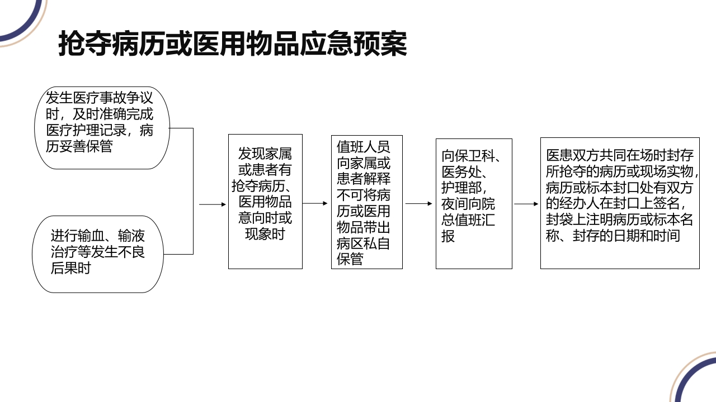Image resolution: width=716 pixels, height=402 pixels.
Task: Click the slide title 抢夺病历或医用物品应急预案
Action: click(x=233, y=44)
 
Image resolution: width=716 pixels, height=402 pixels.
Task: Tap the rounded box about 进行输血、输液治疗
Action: click(x=97, y=254)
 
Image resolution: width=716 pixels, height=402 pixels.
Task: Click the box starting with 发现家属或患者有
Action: click(x=265, y=201)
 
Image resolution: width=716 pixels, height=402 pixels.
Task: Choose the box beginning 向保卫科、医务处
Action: click(x=474, y=203)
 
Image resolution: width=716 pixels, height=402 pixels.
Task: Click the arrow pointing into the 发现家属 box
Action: click(x=213, y=204)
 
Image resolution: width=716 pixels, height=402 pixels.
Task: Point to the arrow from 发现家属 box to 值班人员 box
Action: click(x=316, y=204)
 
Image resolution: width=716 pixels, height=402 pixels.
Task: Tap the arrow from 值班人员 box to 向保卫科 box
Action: click(x=419, y=204)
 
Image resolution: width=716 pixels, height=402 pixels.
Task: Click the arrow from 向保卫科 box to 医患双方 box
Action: click(x=526, y=204)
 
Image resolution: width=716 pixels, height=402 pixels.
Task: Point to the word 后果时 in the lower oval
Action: click(x=70, y=268)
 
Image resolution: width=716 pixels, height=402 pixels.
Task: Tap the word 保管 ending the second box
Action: click(x=350, y=259)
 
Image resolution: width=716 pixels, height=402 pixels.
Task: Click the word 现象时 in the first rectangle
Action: click(x=265, y=234)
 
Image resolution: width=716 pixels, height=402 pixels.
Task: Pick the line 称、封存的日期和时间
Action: click(x=613, y=236)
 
